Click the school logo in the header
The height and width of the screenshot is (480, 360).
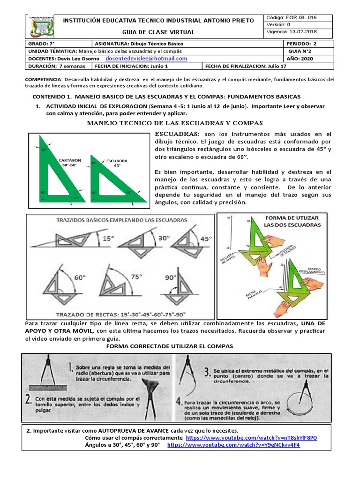tap(40, 26)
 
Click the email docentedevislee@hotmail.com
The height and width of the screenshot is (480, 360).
tap(146, 59)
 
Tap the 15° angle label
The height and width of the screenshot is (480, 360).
tap(108, 238)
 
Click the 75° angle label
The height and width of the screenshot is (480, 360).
tap(136, 277)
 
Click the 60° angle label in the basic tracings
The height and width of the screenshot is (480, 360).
tap(80, 277)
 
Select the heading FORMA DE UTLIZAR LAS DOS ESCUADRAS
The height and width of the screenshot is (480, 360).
tap(292, 221)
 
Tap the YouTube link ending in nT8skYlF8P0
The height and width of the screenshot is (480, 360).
tap(251, 437)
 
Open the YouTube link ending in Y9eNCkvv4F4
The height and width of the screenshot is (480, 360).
tap(233, 445)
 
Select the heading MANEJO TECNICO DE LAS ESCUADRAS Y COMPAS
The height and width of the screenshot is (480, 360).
tap(175, 123)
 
